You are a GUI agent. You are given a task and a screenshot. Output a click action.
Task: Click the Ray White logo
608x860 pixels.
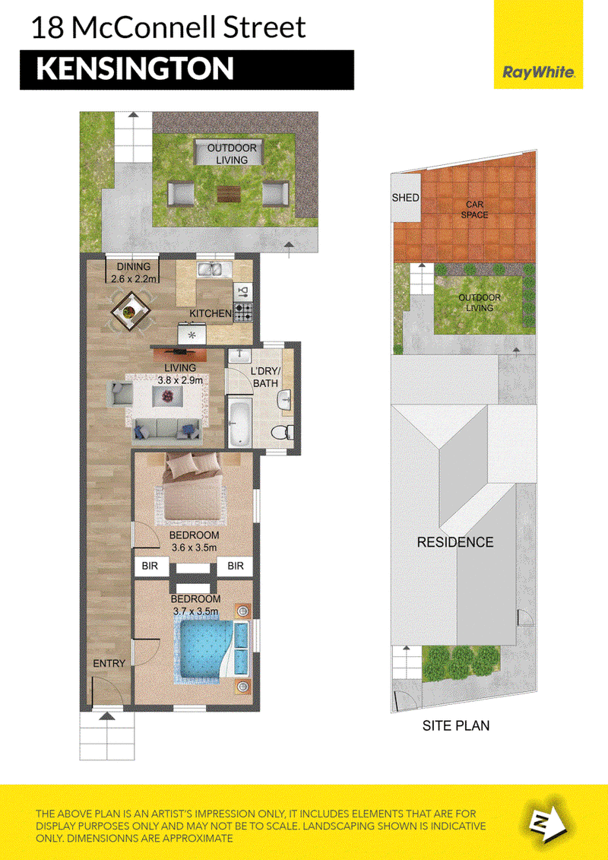[538, 71]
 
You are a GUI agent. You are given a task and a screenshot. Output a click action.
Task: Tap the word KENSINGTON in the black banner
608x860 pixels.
[135, 69]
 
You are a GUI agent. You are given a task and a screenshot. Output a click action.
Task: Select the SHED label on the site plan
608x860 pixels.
[406, 198]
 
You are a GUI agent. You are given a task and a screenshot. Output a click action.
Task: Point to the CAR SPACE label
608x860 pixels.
[474, 210]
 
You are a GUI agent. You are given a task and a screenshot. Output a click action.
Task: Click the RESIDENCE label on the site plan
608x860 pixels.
[455, 542]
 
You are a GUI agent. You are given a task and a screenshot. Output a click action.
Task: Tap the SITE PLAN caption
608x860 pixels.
[455, 725]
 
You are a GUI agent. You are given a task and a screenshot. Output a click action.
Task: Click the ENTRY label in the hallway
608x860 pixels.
[109, 664]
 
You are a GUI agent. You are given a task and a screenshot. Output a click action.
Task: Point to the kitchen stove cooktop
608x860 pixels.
[243, 312]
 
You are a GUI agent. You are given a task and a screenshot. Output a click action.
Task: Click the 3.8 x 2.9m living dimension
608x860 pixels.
[180, 379]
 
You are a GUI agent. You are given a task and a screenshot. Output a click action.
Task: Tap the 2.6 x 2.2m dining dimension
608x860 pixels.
[135, 278]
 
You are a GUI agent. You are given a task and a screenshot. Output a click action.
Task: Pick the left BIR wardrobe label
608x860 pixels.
[150, 566]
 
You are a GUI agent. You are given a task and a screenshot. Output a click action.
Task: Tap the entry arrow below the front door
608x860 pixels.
[107, 716]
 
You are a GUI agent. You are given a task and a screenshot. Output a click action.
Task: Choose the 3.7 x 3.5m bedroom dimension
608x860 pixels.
[196, 611]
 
